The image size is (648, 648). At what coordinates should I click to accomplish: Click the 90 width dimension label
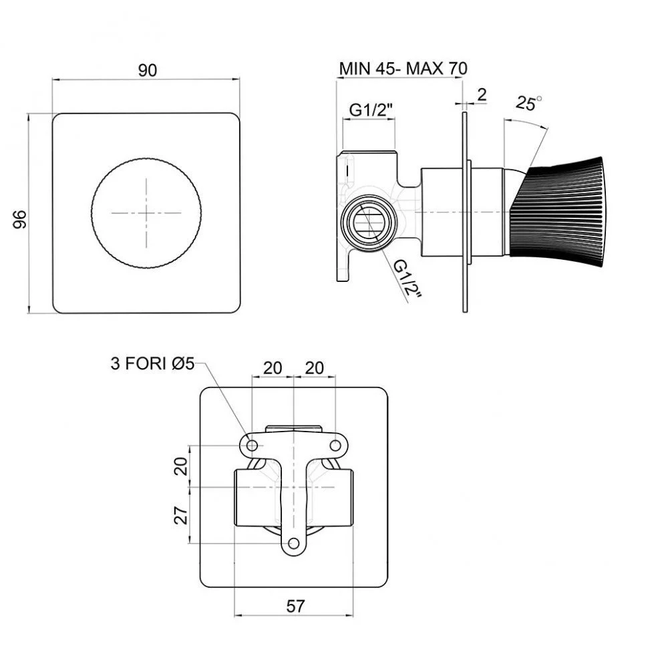[147, 70]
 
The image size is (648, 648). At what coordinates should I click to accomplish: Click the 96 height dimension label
[19, 219]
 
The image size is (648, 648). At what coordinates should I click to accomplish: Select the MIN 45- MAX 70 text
[403, 68]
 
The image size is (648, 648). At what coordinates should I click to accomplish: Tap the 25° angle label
[528, 102]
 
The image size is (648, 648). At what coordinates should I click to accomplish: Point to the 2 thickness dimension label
[482, 95]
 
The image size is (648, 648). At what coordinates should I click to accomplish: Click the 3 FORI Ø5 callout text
[152, 363]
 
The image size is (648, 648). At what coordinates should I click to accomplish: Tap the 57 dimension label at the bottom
[295, 607]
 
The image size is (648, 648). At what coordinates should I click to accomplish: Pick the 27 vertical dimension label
[181, 515]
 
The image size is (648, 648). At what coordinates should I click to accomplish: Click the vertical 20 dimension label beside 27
[181, 466]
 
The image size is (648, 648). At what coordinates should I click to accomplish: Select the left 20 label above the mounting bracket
[273, 367]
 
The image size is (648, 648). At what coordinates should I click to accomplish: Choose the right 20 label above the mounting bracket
[314, 367]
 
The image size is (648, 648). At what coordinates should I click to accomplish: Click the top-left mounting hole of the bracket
[252, 445]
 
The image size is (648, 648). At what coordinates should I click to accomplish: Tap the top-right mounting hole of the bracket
[335, 446]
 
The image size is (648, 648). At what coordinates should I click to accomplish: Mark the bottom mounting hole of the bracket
[294, 543]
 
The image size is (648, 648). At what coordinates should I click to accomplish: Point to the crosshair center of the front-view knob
[147, 213]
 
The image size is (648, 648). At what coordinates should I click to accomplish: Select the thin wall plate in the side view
[465, 212]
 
